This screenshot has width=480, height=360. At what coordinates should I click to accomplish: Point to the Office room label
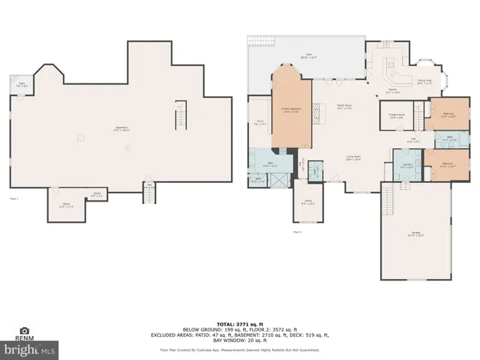[308, 202]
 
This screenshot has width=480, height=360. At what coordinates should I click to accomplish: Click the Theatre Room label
[397, 115]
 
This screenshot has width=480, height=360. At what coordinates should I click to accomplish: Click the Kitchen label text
[392, 91]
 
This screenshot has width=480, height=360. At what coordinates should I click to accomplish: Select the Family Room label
[344, 106]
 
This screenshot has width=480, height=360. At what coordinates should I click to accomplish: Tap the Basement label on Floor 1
[121, 128]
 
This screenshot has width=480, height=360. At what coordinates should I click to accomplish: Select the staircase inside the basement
[179, 117]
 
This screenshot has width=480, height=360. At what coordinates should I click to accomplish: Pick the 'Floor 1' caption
[13, 199]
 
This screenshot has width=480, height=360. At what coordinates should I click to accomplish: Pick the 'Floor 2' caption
[298, 232]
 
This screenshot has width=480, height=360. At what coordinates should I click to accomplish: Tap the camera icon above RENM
[24, 330]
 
